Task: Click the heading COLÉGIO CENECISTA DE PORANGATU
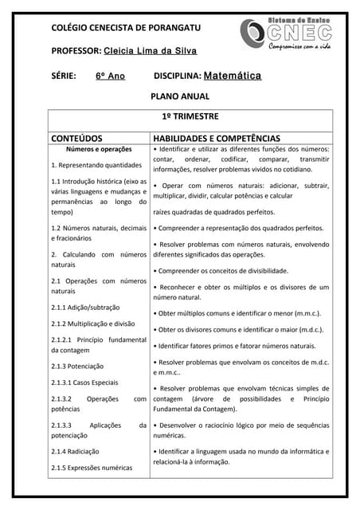126,27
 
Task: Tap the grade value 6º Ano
111,76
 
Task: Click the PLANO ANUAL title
180,96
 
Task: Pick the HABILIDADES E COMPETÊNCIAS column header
216,137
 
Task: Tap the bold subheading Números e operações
99,149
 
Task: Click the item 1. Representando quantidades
96,166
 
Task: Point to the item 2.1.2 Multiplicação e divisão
92,324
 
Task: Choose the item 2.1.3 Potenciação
77,367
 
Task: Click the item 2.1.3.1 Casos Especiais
84,382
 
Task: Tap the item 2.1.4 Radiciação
76,451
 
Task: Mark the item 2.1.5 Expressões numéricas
92,468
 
